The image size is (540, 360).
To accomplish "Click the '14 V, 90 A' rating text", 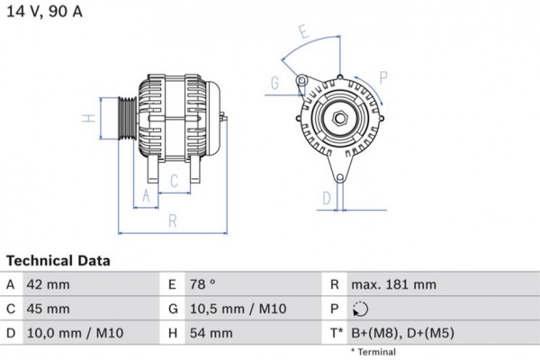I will [45, 12].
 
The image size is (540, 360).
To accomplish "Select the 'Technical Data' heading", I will [58, 261].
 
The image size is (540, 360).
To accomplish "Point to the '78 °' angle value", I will [202, 285].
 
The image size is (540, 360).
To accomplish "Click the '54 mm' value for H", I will [211, 333].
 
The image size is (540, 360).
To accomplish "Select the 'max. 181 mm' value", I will [393, 285].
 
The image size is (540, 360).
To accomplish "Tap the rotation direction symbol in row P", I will [360, 310].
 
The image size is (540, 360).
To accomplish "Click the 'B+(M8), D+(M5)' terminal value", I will [402, 333].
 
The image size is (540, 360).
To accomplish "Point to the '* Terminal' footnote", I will [372, 351].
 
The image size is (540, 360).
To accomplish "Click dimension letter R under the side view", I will [171, 220].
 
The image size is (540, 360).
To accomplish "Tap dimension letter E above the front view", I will [303, 32].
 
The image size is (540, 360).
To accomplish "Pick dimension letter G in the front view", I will [274, 85].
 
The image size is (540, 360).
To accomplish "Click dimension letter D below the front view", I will [328, 198].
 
